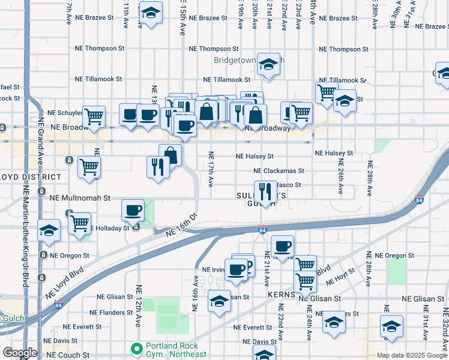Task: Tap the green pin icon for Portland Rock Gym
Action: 136,348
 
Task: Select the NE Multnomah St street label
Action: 80,197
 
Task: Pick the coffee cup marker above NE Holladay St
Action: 133,211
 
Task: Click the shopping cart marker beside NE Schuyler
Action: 94,116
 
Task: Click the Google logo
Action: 20,352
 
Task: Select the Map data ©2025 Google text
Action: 411,355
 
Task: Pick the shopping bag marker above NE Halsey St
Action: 170,155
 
